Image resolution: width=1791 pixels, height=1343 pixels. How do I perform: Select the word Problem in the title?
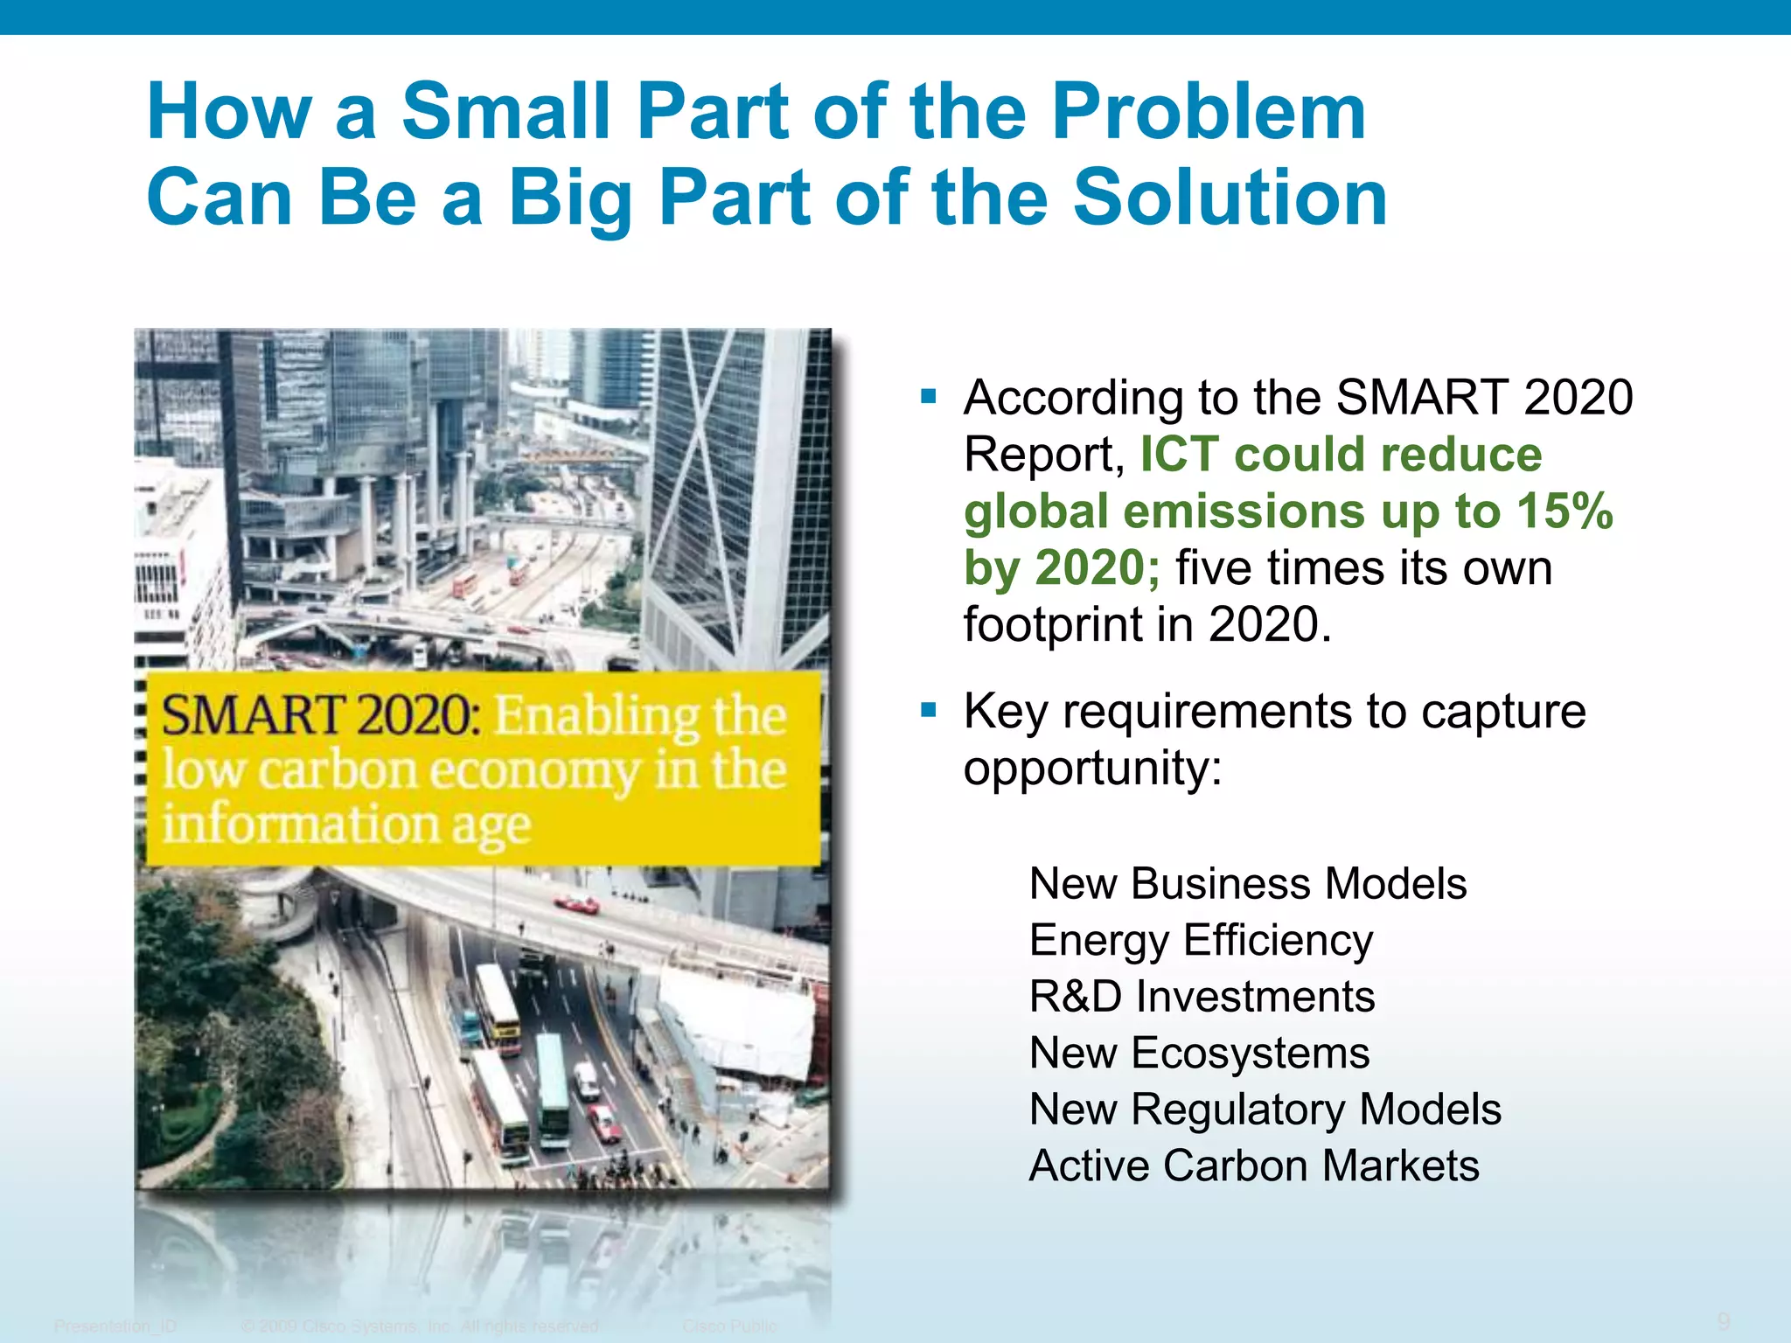click(1208, 111)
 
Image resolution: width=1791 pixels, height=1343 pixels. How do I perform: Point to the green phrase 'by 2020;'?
click(1062, 568)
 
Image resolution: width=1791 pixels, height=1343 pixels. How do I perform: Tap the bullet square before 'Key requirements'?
click(929, 710)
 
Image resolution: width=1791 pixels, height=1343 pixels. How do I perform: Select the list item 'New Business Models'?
click(1247, 883)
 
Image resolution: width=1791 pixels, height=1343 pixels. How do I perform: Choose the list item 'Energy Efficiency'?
click(1200, 940)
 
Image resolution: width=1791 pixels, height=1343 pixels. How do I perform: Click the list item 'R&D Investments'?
click(1202, 997)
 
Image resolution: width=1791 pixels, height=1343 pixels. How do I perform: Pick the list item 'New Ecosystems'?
click(1199, 1053)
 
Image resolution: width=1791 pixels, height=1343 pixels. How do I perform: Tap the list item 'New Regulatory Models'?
click(1265, 1110)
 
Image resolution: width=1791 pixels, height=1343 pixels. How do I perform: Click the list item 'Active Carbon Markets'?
click(1253, 1166)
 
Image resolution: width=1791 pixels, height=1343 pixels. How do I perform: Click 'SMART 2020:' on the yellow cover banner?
click(320, 715)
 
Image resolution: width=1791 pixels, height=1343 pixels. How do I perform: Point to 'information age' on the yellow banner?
click(346, 825)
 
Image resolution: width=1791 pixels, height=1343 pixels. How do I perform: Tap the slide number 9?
click(1724, 1321)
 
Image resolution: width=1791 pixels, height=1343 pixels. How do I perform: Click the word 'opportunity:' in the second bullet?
click(1092, 768)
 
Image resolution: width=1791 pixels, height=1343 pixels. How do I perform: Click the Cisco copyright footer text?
click(420, 1326)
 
